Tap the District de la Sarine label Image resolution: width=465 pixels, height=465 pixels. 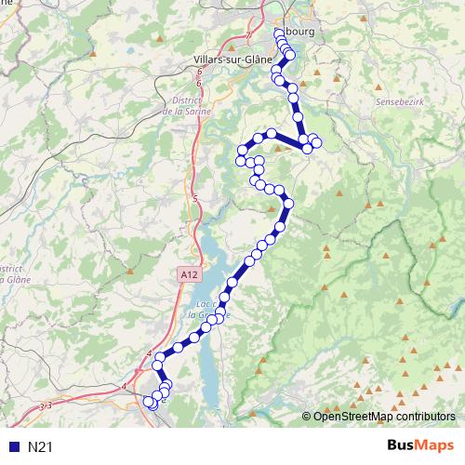click(x=192, y=104)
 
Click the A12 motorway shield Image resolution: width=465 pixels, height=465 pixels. click(x=190, y=273)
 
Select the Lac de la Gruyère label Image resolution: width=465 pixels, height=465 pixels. click(x=213, y=310)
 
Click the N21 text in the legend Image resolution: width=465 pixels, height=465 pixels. click(x=40, y=447)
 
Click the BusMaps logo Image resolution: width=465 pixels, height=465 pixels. click(x=420, y=446)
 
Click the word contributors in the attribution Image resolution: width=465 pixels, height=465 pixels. click(x=426, y=418)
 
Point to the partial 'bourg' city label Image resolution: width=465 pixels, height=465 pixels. click(x=302, y=31)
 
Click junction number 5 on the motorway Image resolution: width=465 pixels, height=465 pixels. click(x=195, y=199)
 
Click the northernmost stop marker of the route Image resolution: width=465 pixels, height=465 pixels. click(x=279, y=33)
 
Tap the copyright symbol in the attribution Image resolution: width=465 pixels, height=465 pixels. click(x=307, y=418)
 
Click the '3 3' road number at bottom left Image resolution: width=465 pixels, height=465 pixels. click(x=46, y=405)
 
